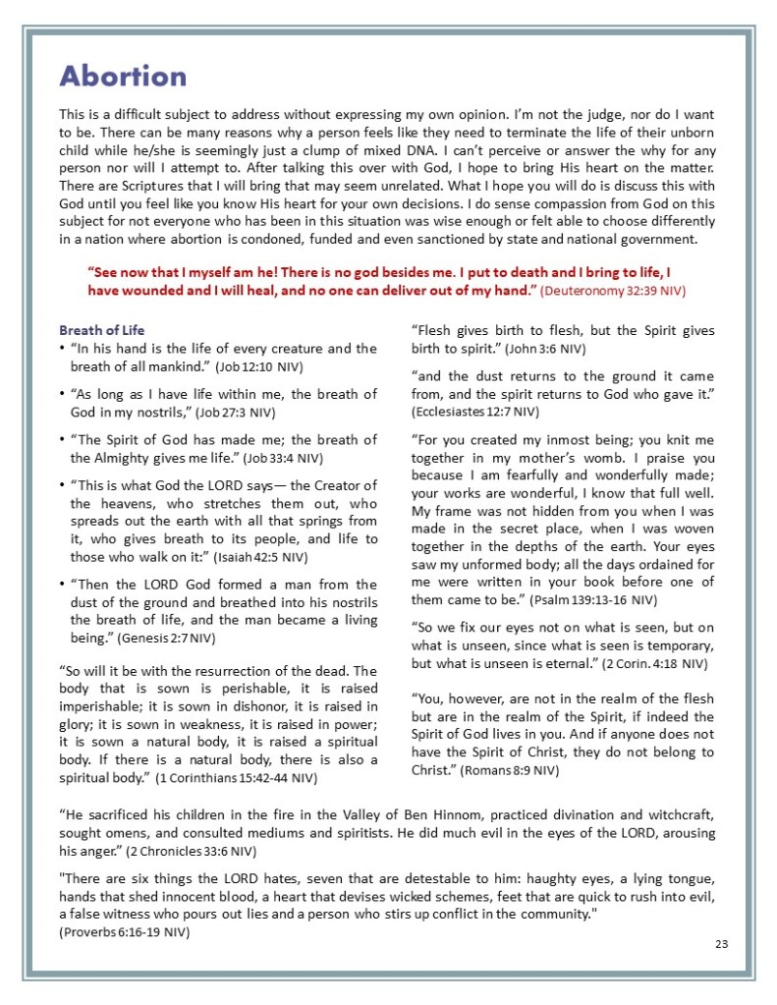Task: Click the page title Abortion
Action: coord(123,76)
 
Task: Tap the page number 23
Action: coord(721,943)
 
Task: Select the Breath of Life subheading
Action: coord(102,330)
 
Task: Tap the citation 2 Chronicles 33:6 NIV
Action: coord(194,850)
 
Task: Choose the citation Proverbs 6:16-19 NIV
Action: coord(125,932)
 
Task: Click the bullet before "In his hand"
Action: coord(63,349)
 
